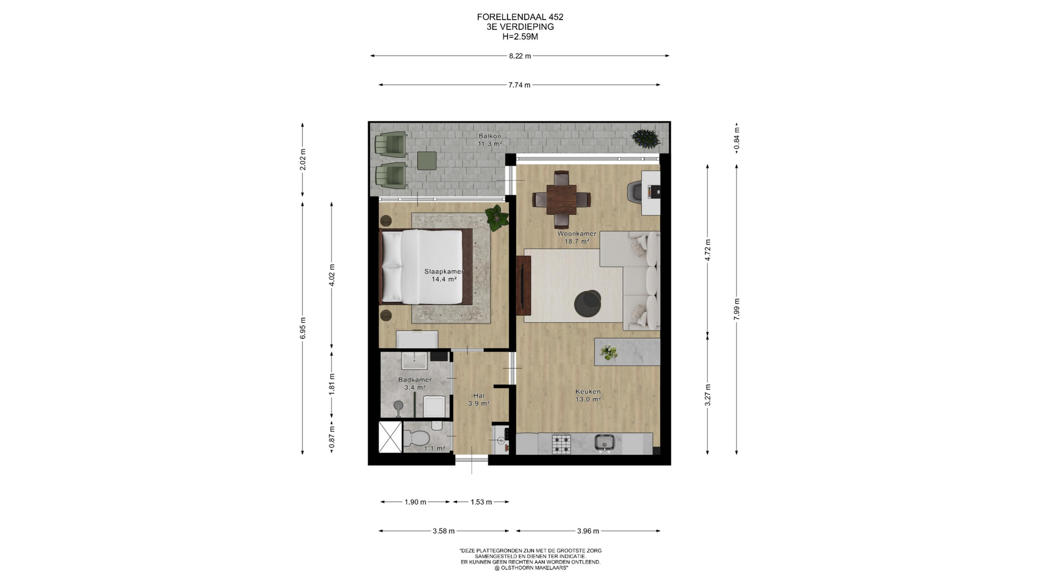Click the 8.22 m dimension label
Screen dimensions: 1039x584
point(519,56)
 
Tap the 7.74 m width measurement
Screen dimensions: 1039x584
point(519,85)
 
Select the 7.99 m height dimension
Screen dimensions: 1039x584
point(736,309)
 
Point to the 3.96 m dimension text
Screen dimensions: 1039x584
point(588,531)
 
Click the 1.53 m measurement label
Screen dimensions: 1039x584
point(481,502)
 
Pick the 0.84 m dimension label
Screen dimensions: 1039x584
point(736,138)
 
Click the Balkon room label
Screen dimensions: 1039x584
point(490,136)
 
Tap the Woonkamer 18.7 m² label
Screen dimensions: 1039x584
point(577,237)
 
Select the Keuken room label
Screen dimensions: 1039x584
point(588,391)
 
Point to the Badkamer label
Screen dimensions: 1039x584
point(415,380)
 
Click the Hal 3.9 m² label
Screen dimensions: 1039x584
point(479,399)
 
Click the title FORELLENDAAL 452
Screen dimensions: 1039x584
point(520,17)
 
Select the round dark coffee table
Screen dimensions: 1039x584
point(587,303)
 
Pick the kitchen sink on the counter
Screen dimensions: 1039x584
point(604,443)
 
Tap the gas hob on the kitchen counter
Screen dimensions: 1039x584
point(561,444)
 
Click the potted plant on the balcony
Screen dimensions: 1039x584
point(646,137)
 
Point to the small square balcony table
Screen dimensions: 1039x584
point(427,161)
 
